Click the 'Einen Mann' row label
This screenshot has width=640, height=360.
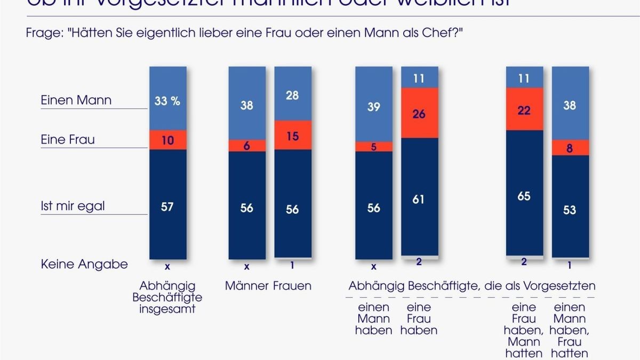point(76,100)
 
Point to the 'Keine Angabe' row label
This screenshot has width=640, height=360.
point(84,264)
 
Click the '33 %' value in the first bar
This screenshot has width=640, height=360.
point(167,101)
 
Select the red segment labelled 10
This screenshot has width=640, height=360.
point(167,140)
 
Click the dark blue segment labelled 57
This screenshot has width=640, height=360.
point(167,206)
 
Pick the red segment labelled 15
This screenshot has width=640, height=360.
point(292,135)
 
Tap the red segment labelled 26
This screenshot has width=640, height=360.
point(419,113)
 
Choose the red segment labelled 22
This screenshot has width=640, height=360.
point(524,109)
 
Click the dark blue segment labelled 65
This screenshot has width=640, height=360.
point(524,196)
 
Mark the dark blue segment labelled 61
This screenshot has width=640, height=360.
point(419,198)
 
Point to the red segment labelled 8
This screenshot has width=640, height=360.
point(570,148)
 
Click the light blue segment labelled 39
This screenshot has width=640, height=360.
point(374,107)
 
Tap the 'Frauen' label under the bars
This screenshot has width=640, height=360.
point(292,286)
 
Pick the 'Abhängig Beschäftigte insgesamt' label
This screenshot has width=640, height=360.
point(167,298)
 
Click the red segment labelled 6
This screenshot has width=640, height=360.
point(247,146)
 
